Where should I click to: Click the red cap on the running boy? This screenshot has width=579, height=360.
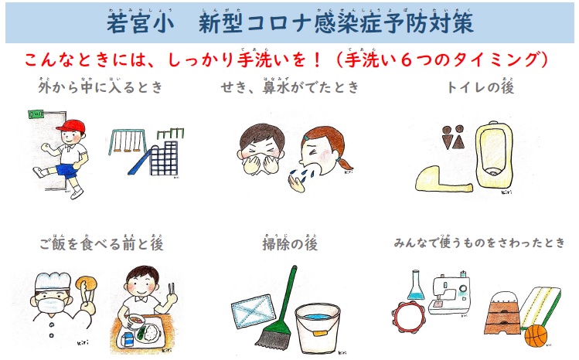71,126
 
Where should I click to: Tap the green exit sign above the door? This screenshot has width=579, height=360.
36,114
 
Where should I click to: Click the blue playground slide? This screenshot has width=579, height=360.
140,162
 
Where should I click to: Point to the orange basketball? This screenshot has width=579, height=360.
536,335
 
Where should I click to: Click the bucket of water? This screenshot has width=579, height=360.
318,328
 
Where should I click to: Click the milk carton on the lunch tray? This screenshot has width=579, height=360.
128,339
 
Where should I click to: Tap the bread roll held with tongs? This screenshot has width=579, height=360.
87,284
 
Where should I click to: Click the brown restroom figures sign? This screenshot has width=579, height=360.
453,138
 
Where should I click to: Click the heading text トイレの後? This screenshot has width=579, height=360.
480,87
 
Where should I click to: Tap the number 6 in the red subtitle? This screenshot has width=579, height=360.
406,59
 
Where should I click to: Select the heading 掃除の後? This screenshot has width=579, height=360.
290,244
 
